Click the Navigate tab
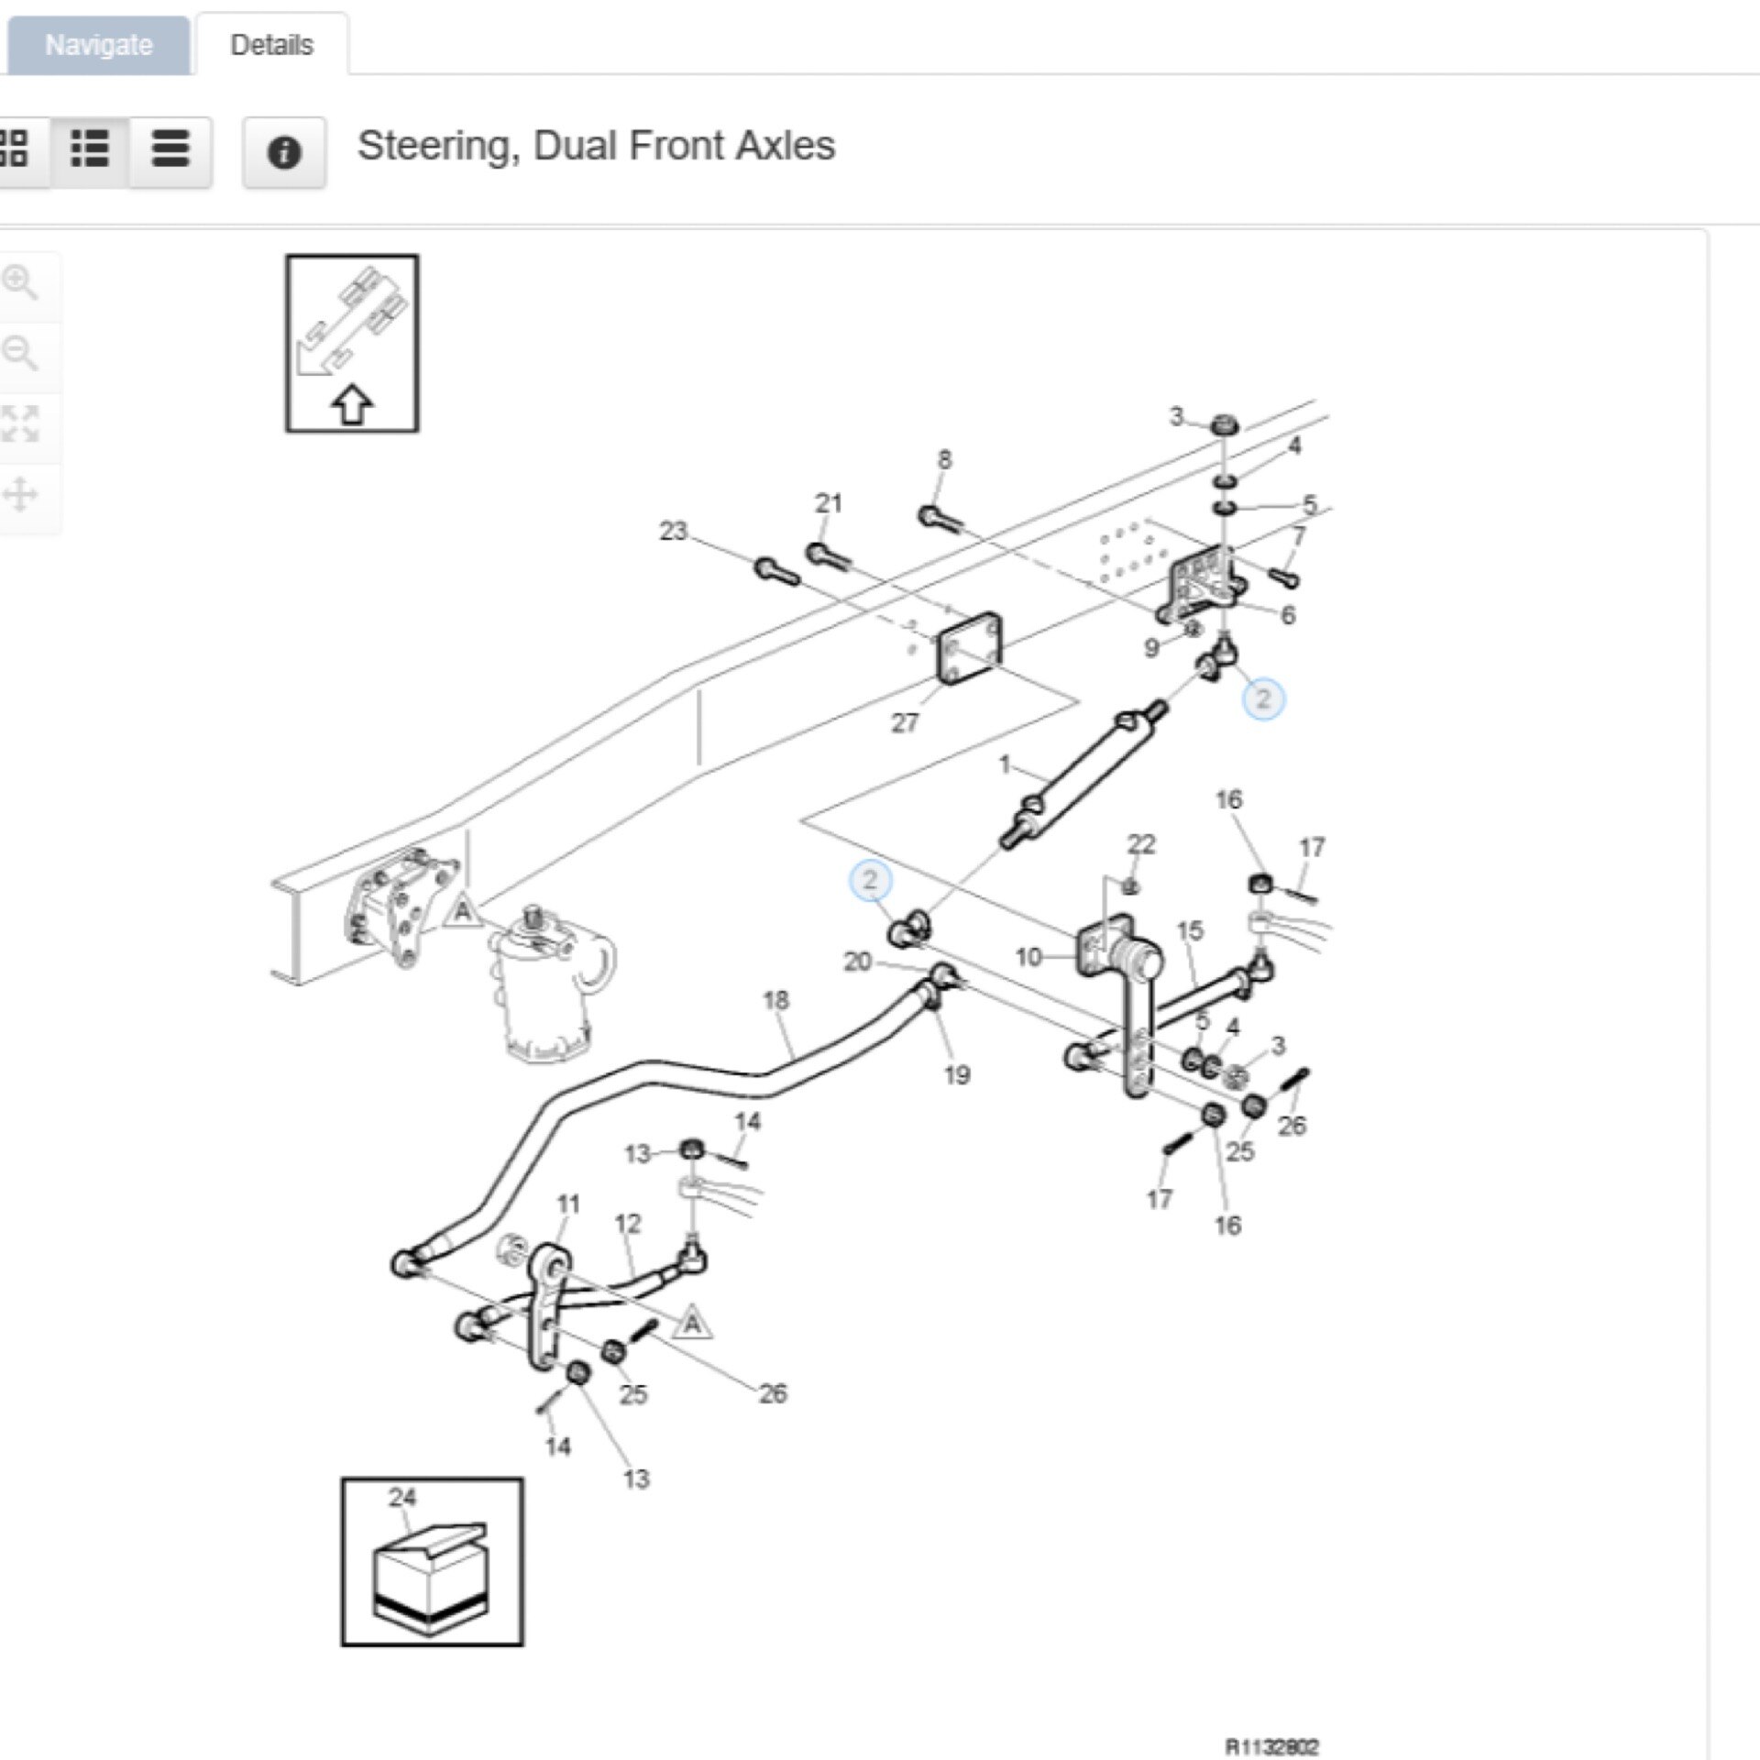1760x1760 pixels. pyautogui.click(x=98, y=45)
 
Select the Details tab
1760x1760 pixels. pyautogui.click(x=271, y=45)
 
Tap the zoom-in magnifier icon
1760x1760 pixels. pyautogui.click(x=20, y=283)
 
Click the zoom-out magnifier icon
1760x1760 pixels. pyautogui.click(x=20, y=353)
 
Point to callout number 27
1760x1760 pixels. pyautogui.click(x=904, y=723)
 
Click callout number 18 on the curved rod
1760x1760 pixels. pyautogui.click(x=775, y=1000)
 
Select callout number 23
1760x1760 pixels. pyautogui.click(x=673, y=531)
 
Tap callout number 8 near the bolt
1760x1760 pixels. pyautogui.click(x=944, y=459)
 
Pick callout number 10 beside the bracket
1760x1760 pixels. pyautogui.click(x=1028, y=957)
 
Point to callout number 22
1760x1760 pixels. pyautogui.click(x=1141, y=843)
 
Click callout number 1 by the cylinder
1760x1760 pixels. pyautogui.click(x=1005, y=764)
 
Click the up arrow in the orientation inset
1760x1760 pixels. pyautogui.click(x=352, y=405)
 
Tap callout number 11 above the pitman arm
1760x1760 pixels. pyautogui.click(x=568, y=1204)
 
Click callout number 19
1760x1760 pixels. pyautogui.click(x=956, y=1075)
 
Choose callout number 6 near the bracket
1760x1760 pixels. pyautogui.click(x=1287, y=615)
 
